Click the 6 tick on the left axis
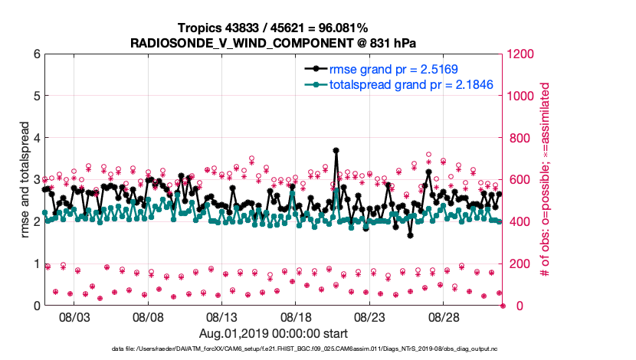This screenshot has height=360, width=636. (35, 54)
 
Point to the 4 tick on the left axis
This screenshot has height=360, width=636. (35, 138)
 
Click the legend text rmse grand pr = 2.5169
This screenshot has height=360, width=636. (393, 69)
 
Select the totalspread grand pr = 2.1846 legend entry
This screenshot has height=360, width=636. (411, 84)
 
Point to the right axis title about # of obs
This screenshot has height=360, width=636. (546, 180)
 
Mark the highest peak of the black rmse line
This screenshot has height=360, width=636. (336, 150)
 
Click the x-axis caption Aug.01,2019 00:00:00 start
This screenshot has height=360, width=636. (274, 333)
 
